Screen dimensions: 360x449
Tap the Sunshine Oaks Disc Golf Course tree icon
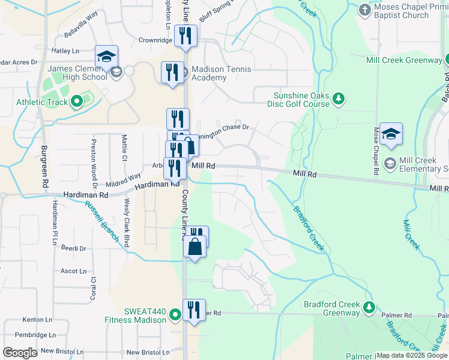(339, 98)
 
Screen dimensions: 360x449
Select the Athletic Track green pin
(76, 102)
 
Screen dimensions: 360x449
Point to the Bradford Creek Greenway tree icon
(370, 308)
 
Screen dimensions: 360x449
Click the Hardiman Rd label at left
(88, 196)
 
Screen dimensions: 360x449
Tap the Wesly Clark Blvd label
(127, 223)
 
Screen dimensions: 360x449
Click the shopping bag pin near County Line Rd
(196, 247)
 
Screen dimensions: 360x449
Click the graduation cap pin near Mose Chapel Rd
(391, 135)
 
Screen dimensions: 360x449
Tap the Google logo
(20, 353)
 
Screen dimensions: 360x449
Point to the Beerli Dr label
(74, 248)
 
